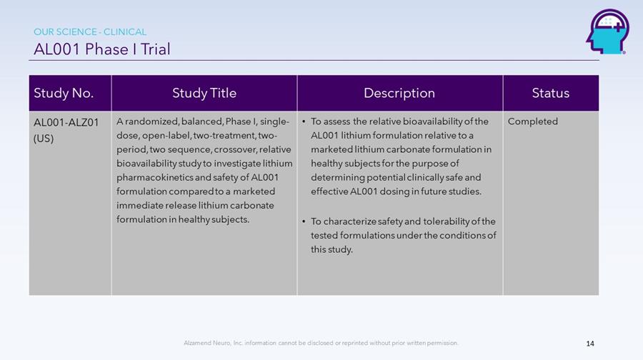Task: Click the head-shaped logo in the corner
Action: (607, 32)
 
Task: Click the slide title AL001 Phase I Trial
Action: (101, 49)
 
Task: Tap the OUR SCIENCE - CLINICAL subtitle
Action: (90, 32)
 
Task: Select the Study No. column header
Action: (64, 93)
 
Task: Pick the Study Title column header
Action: (204, 93)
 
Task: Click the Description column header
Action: (399, 93)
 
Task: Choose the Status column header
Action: (551, 93)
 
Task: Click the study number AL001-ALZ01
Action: (66, 122)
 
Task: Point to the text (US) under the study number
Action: (44, 138)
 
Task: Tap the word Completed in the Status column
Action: (533, 121)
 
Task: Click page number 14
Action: (590, 344)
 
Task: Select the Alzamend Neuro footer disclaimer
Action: (321, 343)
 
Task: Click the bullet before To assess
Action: (304, 121)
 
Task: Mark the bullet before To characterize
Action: (304, 222)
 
